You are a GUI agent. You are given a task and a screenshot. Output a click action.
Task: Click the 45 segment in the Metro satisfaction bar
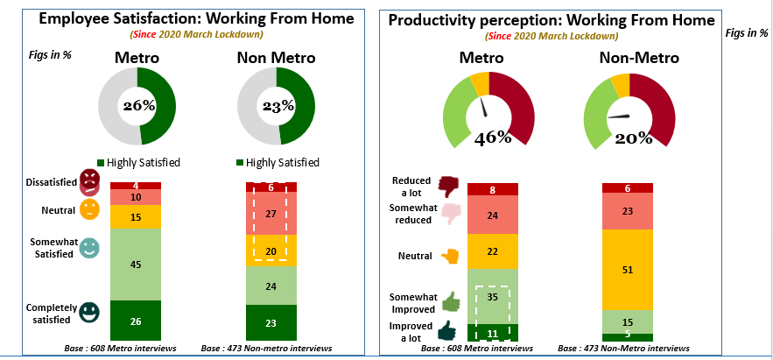coord(135,265)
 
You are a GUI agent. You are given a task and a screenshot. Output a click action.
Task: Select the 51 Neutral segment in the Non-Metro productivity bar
coord(628,269)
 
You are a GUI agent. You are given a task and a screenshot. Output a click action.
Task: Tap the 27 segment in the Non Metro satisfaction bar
coord(271,214)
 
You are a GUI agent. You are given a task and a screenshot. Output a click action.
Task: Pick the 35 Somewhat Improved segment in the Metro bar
coord(493,297)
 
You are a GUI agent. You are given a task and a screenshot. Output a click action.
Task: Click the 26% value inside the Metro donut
coord(138,105)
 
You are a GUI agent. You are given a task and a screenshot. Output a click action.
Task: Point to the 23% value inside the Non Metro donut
coord(276,105)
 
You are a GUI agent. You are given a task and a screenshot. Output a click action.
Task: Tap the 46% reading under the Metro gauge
coord(493,138)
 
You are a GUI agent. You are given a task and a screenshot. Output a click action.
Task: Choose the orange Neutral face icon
coord(90,210)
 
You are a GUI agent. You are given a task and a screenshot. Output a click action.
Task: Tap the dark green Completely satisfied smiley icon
coord(89,312)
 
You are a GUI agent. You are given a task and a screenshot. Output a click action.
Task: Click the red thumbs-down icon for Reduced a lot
coord(449,185)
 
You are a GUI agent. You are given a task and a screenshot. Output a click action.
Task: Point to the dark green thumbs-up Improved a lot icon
coord(449,329)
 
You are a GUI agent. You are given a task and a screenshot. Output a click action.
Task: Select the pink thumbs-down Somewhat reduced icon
coord(449,215)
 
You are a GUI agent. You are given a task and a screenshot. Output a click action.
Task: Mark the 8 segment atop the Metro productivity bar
coord(493,189)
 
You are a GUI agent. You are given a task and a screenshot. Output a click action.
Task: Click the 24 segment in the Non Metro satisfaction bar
coord(271,286)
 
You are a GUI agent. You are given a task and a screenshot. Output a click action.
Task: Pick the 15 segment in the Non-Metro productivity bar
coord(628,321)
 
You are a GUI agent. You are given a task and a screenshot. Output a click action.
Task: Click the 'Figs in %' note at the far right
coord(747,33)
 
